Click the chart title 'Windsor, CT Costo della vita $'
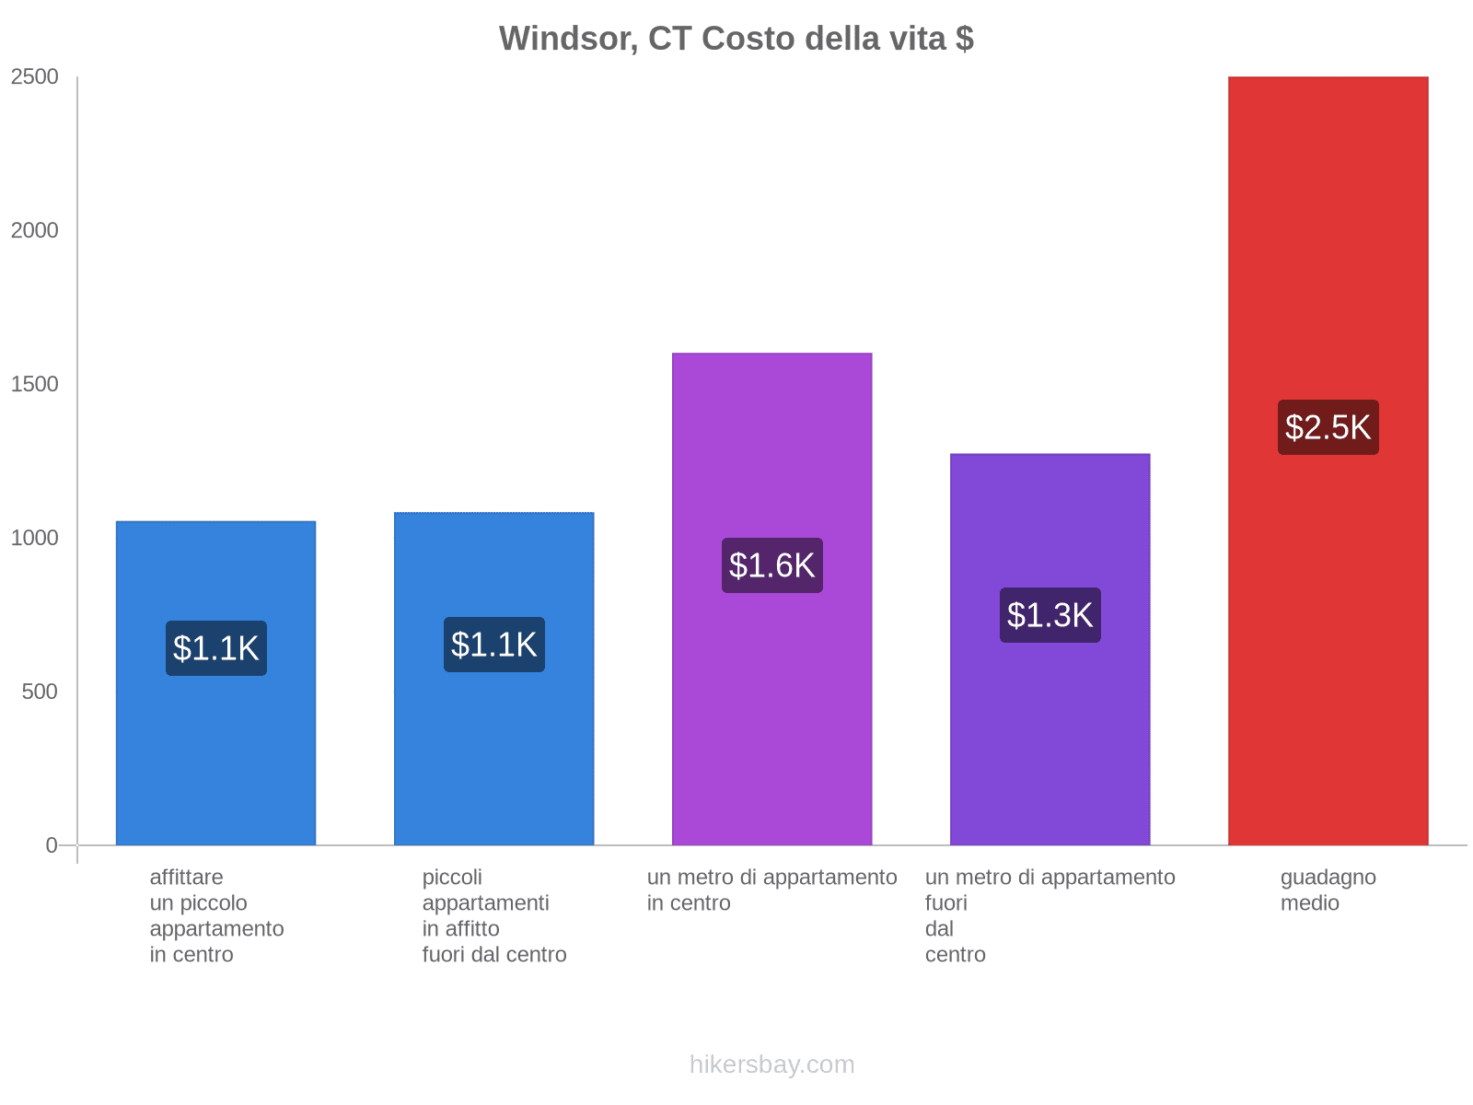coord(736,39)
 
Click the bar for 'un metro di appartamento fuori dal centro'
coord(1050,737)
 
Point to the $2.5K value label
coord(1328,427)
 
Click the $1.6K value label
coord(771,565)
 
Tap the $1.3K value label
coord(1050,615)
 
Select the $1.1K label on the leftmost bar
coord(215,648)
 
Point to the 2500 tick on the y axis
coord(35,77)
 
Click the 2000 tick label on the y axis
coord(35,231)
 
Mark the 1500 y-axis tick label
coord(35,385)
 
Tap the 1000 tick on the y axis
coord(35,538)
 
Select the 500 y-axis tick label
coord(41,692)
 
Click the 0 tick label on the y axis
coord(52,845)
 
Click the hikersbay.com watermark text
coord(771,1064)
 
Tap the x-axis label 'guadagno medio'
coord(1328,890)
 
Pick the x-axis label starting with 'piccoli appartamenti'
coord(493,915)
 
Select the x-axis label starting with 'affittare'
coord(216,915)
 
